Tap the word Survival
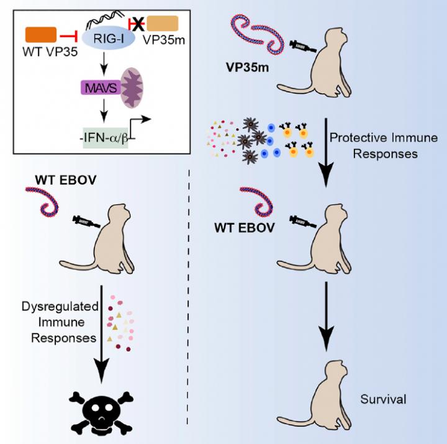coord(384,399)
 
